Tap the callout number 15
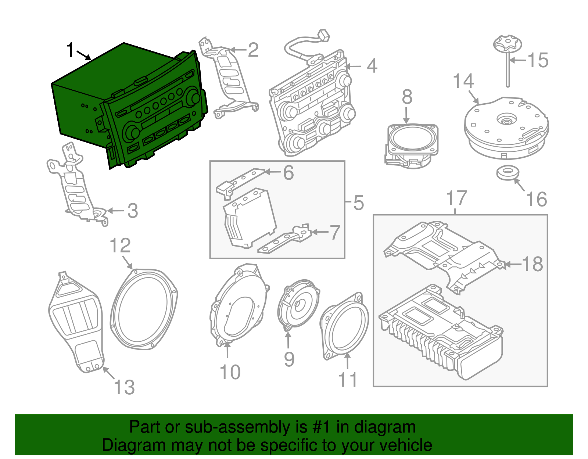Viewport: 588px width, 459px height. (x=538, y=60)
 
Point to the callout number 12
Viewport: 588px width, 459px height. (x=120, y=245)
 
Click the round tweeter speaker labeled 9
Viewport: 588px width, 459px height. (x=298, y=305)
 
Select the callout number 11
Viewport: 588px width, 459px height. (x=348, y=380)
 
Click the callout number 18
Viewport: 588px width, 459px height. (x=532, y=264)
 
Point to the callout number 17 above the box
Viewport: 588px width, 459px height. (x=456, y=198)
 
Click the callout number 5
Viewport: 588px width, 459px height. (x=358, y=203)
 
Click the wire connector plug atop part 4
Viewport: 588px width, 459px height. (x=324, y=35)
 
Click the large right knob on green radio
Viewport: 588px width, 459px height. (x=193, y=98)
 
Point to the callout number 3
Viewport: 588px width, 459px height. (x=133, y=211)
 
